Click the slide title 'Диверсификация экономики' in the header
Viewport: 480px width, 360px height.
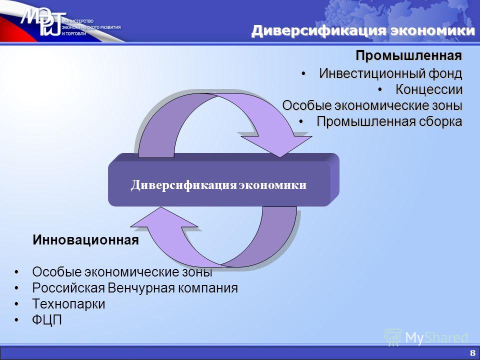[363, 31]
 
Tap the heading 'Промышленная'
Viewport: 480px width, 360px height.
[408, 55]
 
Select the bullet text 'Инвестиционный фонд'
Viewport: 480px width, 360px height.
[390, 73]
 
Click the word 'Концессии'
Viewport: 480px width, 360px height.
[429, 89]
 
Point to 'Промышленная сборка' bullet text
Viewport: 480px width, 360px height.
[389, 121]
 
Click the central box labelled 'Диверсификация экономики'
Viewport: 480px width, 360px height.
[223, 180]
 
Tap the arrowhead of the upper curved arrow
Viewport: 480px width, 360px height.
[277, 144]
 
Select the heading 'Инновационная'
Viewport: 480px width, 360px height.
[85, 240]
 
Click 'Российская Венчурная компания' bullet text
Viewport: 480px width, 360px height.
[135, 288]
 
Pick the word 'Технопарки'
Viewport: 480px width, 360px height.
[68, 304]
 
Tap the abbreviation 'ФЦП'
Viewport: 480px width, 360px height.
[47, 320]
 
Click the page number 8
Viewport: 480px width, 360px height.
[472, 352]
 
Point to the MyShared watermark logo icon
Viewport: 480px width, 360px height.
[392, 337]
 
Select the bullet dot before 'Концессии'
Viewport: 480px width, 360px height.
[380, 89]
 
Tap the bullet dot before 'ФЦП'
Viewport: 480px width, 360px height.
[16, 320]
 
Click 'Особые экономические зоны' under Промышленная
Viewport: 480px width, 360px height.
[372, 105]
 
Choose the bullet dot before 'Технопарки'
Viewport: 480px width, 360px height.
[16, 304]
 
